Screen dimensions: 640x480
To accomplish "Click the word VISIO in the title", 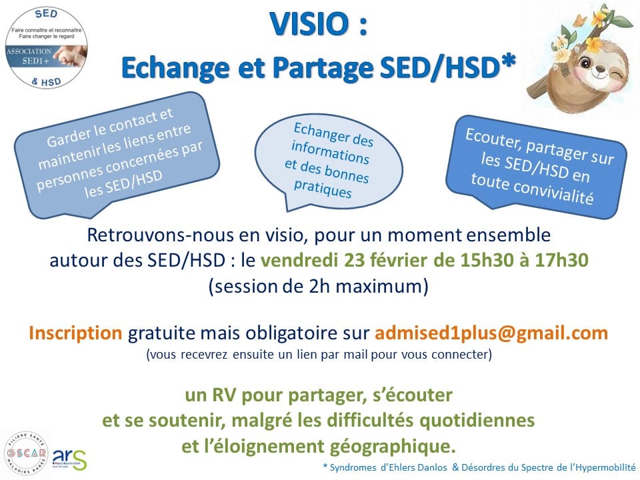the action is pos(309,24).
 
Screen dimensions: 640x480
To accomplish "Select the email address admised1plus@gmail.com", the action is pos(491,333).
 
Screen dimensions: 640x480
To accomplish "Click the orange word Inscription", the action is pos(75,333).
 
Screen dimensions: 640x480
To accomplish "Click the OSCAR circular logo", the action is pos(27,453).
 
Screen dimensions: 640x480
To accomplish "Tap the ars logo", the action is pos(70,459).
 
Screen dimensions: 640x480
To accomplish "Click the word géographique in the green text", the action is pos(392,447).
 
